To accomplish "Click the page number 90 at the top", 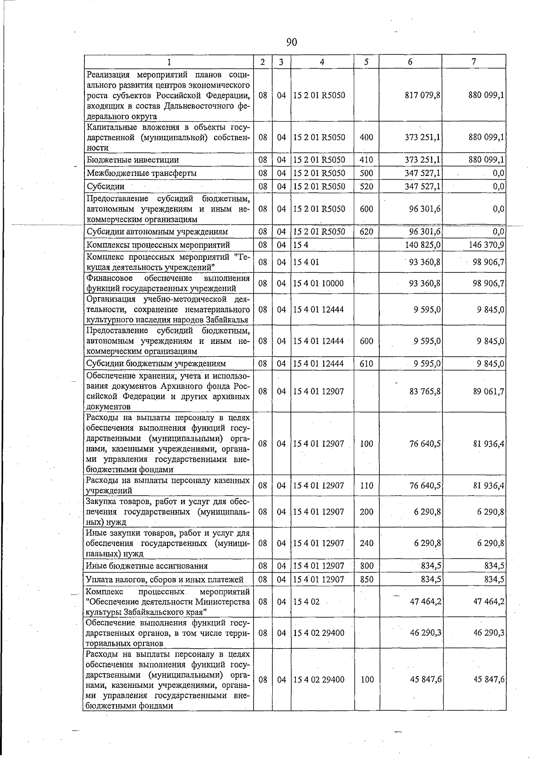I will (x=291, y=42).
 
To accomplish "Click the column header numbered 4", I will (x=322, y=62).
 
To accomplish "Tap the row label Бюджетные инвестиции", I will (x=133, y=160).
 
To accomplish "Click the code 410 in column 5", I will (x=366, y=160).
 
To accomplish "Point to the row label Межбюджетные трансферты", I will (x=142, y=173).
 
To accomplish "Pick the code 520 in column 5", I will (x=366, y=186).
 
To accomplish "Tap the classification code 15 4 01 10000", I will (x=318, y=283).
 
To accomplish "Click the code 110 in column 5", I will (x=366, y=486).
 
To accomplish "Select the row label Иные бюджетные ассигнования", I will (x=147, y=566).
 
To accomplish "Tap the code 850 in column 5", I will (x=366, y=579).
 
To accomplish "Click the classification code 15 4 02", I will (x=306, y=602).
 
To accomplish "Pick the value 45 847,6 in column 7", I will (x=489, y=679).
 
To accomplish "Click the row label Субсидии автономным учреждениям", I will (x=157, y=231).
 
